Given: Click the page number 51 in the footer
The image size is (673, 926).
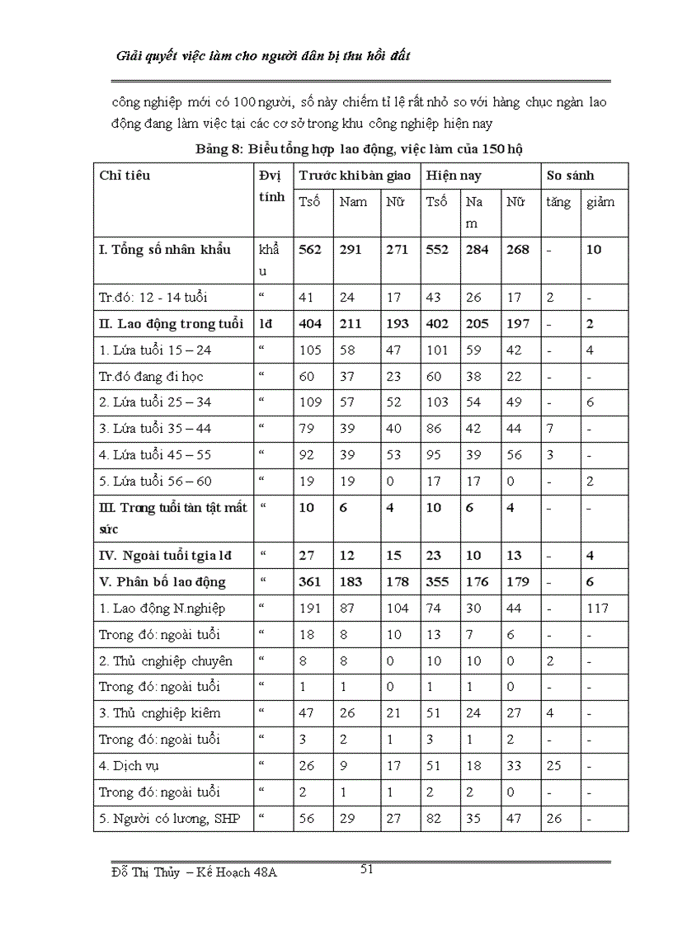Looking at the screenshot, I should [x=368, y=868].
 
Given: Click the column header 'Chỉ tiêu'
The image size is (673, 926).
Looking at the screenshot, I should [x=125, y=176].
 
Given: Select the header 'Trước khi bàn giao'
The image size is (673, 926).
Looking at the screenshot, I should [x=355, y=176].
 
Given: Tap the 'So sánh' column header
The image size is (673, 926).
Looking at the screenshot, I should [x=569, y=176].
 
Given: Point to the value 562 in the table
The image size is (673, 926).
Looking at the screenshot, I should [x=310, y=250].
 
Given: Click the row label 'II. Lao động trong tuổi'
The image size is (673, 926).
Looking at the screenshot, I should [x=171, y=324].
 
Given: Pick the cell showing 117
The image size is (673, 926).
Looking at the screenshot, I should [x=598, y=609].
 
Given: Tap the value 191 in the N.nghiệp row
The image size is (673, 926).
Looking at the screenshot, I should [x=310, y=609].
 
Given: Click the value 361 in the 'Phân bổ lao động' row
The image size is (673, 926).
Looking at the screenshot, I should [x=310, y=582].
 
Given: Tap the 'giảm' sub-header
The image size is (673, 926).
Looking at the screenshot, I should [x=600, y=203].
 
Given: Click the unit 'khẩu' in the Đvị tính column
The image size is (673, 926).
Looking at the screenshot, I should [x=269, y=250].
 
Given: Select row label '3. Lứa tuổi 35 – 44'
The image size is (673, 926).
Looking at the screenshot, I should [x=154, y=429].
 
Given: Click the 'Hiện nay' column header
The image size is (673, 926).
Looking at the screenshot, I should [x=454, y=176].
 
